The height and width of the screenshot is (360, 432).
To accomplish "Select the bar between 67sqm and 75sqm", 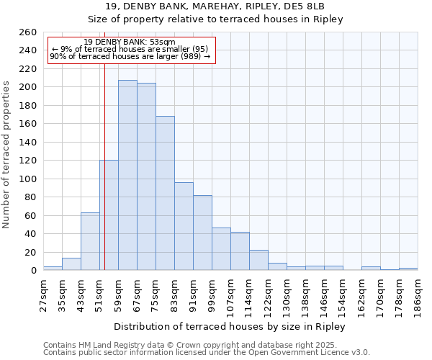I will (146, 176).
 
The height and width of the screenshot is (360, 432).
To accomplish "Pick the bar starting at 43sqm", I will (90, 241).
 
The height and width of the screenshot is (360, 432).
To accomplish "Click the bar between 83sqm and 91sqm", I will (184, 226).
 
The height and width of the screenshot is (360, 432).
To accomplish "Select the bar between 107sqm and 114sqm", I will (240, 251).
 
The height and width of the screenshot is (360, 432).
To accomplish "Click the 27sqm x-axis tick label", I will (43, 296).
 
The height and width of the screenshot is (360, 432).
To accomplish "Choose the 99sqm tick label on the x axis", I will (212, 296).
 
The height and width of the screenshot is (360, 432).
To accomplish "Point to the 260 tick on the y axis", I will (28, 32).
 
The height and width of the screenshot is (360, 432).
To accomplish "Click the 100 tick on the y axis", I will (28, 179).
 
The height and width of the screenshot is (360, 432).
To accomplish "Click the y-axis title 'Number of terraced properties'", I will (7, 155).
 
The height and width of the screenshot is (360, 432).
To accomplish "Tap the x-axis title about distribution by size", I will (230, 326).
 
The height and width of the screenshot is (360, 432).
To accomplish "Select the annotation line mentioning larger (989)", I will (130, 56).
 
